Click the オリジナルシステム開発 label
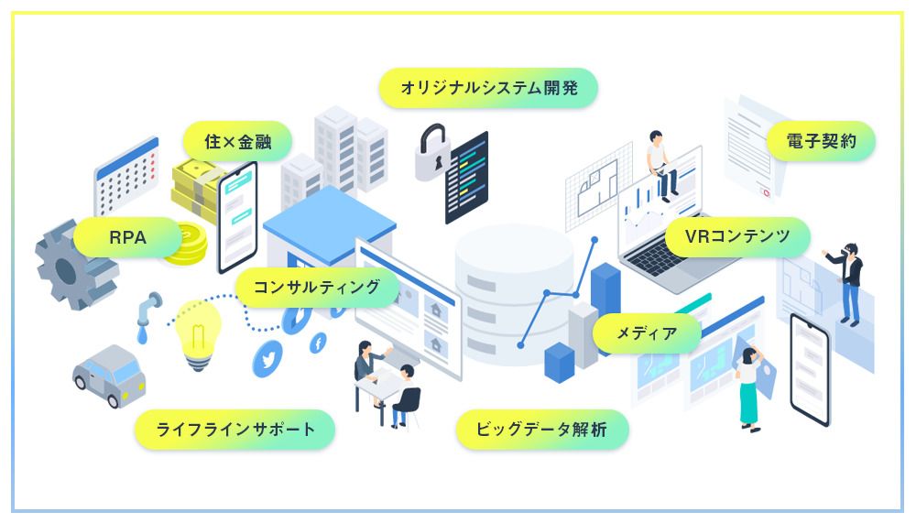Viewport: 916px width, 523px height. click(x=488, y=88)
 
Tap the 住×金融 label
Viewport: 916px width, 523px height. click(x=238, y=141)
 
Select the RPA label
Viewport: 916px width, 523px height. click(x=128, y=237)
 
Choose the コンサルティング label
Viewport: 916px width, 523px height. click(x=317, y=287)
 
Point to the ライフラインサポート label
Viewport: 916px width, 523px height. click(x=234, y=430)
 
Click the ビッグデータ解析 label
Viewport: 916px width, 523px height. click(x=541, y=430)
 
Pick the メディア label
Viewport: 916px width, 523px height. click(x=647, y=333)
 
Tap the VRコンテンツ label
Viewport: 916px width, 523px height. click(x=737, y=236)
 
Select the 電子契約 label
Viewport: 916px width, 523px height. click(x=821, y=141)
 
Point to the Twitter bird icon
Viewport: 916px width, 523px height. click(x=267, y=359)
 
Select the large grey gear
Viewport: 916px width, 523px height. click(x=75, y=266)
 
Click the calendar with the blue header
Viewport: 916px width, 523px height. click(x=126, y=175)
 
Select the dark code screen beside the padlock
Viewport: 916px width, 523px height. click(x=466, y=178)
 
